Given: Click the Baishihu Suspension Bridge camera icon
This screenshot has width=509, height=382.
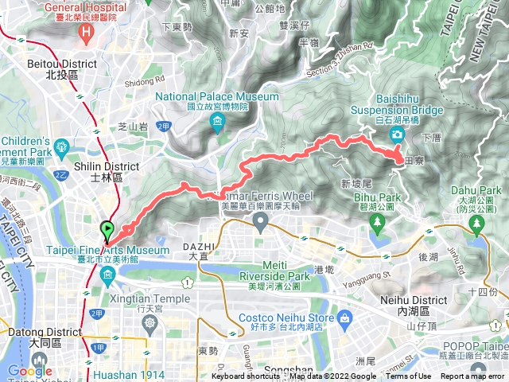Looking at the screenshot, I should (397, 133).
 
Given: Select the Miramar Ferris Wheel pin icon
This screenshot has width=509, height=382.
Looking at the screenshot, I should (261, 224).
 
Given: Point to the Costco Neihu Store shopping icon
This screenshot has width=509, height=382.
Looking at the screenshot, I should (344, 319).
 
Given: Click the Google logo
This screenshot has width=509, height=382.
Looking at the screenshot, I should (29, 370).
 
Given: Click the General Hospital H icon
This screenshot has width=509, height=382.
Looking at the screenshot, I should (87, 31).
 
